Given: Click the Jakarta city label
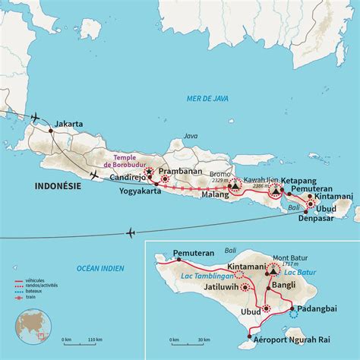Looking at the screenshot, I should [68, 124].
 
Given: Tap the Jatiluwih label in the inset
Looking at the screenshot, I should [215, 288].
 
